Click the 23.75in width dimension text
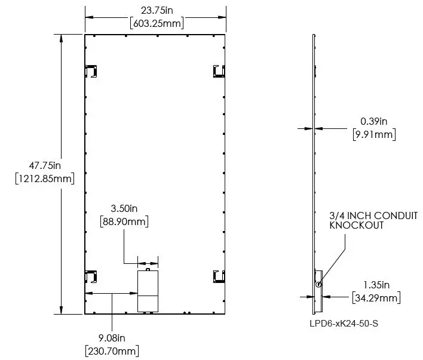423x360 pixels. (156, 10)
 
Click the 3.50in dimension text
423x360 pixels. (124, 209)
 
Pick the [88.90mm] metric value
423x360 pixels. (124, 221)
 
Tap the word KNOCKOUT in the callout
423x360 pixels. (356, 226)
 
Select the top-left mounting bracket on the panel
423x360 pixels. (91, 71)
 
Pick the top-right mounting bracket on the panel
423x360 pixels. (219, 71)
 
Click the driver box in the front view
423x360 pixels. (148, 291)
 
